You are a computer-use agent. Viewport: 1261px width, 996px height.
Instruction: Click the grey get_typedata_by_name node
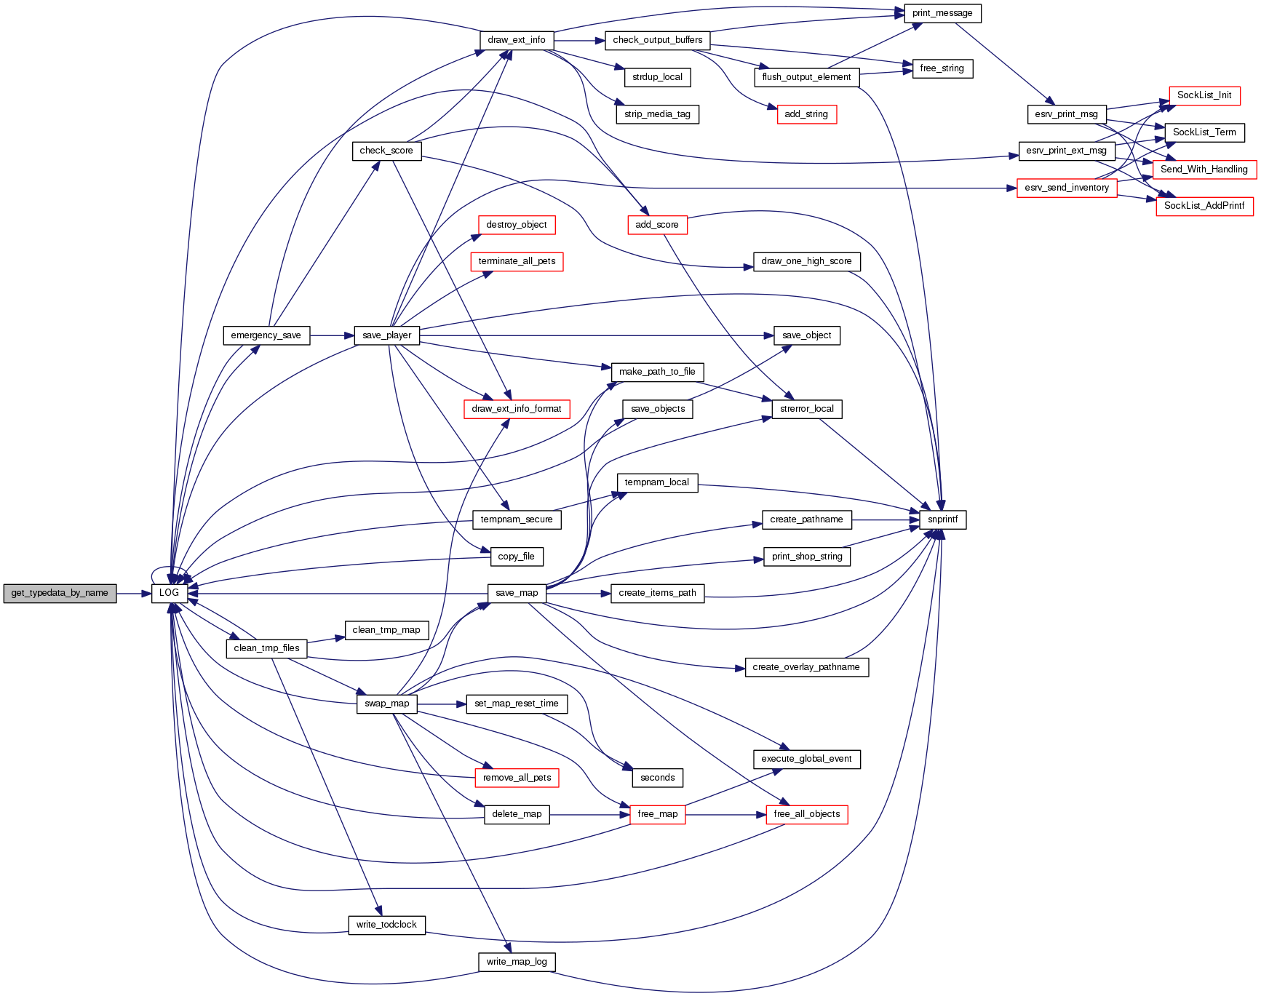pos(60,593)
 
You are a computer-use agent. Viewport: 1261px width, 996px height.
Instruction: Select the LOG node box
pos(170,593)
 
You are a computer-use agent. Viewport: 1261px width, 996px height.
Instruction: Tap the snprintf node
pos(943,519)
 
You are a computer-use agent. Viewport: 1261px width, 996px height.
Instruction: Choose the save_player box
pos(387,335)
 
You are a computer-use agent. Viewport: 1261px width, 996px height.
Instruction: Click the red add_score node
pos(657,225)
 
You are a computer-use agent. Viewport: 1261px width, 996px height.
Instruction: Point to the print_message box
pos(942,13)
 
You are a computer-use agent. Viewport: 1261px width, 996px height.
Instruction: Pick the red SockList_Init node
pos(1204,95)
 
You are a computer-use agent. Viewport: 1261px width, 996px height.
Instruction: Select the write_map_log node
pos(517,962)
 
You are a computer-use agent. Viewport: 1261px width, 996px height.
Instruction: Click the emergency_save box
pos(266,335)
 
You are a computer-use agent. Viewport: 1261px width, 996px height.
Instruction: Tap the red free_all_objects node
pos(807,814)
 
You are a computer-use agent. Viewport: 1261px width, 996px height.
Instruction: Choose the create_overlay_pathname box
pos(806,667)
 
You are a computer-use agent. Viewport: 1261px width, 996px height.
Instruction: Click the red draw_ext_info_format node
pos(517,409)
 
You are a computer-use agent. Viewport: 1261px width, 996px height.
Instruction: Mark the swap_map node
pos(387,704)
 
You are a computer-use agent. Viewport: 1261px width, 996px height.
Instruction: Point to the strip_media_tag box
pos(657,114)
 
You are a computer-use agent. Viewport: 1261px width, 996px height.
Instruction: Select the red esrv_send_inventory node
pos(1067,188)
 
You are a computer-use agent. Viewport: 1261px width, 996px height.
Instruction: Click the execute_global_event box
pos(806,759)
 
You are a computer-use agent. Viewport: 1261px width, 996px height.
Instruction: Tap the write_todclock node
pos(386,925)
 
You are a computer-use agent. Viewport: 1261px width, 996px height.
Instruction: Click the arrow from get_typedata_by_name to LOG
pos(134,594)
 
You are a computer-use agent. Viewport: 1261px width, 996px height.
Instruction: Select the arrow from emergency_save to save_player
pos(332,335)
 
